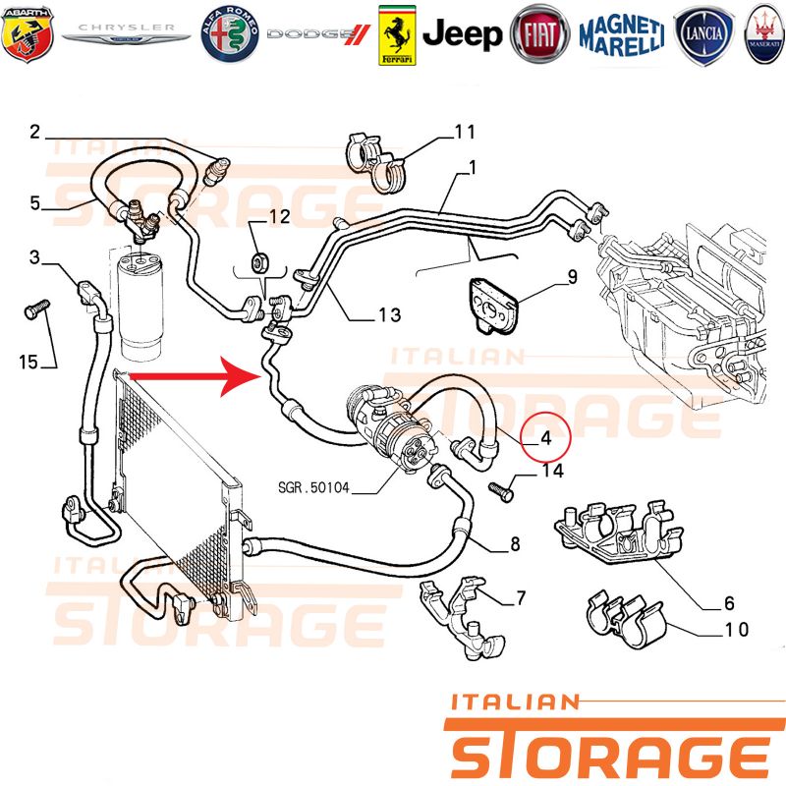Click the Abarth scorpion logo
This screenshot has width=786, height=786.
[28, 34]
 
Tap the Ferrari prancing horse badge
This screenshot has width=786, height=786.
[397, 35]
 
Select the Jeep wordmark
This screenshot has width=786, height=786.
[462, 34]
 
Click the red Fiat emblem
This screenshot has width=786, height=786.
[539, 34]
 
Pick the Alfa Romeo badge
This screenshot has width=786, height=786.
[230, 34]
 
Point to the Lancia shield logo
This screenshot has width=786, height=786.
[703, 35]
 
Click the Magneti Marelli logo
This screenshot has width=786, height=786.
[622, 35]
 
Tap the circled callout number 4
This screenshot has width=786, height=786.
[546, 438]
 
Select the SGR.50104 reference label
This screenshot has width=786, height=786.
[313, 487]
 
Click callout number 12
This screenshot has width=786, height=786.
[280, 216]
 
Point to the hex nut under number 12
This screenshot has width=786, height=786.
[259, 261]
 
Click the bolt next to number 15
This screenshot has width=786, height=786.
[37, 309]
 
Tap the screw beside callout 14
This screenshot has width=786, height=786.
[501, 492]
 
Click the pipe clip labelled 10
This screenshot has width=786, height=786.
[627, 621]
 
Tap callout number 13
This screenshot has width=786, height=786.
[389, 314]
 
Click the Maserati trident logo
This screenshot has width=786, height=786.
[765, 35]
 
